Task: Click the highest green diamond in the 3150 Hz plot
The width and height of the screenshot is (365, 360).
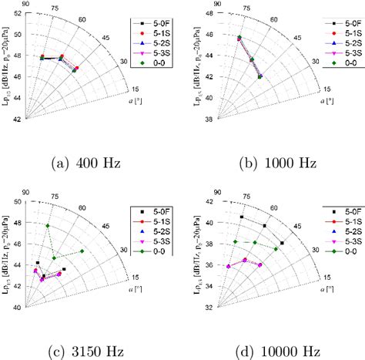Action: tap(48, 226)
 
